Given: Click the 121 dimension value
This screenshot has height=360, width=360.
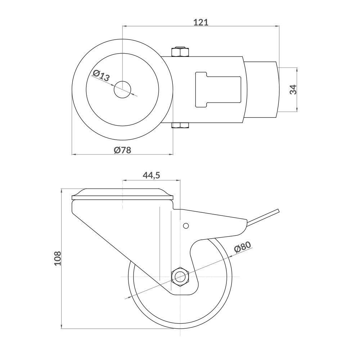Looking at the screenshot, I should [201, 22].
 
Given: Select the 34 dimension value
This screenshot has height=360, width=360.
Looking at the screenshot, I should [293, 89].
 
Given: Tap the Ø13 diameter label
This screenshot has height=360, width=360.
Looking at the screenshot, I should [101, 76].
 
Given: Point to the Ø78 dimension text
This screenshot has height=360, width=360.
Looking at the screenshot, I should [122, 150].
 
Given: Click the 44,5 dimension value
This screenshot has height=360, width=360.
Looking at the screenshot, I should [151, 175].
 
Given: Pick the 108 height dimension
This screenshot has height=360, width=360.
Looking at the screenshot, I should [58, 258].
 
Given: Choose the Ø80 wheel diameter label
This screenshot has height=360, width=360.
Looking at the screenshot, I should [242, 248].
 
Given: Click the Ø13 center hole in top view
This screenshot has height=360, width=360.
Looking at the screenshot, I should [122, 89].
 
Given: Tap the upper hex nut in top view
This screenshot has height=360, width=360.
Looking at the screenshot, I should [180, 52].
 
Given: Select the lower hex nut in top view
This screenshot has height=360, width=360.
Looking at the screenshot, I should [180, 126].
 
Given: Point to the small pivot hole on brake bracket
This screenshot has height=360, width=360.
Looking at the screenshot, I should [186, 226].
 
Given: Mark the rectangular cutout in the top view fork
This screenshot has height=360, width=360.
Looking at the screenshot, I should [218, 89].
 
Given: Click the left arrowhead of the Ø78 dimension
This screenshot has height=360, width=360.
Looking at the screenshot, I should [73, 154].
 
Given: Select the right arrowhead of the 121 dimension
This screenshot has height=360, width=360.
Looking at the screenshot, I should [278, 26].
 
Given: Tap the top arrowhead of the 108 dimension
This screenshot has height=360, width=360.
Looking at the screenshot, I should [62, 190].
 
